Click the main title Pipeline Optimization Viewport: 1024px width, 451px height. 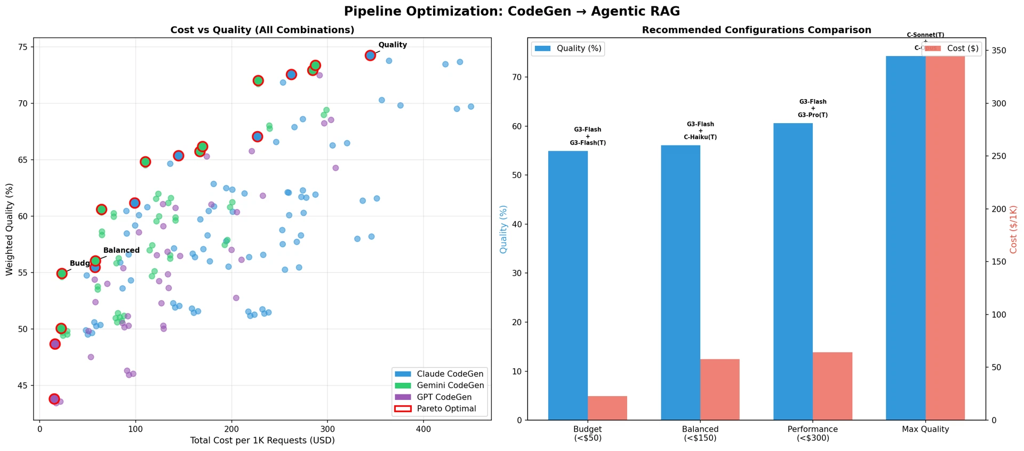(511, 11)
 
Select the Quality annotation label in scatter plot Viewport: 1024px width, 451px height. (393, 45)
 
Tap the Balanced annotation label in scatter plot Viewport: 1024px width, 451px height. (121, 250)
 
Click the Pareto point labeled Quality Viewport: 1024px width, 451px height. (370, 55)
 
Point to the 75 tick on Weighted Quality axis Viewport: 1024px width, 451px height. (22, 47)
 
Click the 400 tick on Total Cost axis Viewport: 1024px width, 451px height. (423, 429)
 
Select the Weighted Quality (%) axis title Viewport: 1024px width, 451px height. (9, 229)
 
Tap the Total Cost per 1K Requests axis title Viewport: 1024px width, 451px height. (262, 441)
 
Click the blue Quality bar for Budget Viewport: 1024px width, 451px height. (568, 285)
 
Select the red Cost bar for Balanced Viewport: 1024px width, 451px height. (720, 389)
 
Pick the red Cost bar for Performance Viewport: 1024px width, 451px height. (833, 386)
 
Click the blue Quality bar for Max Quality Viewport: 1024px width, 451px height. (906, 238)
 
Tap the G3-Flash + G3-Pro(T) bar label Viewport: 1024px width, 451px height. (813, 108)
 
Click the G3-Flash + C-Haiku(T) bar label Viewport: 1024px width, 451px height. (700, 131)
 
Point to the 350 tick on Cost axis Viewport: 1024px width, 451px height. (999, 51)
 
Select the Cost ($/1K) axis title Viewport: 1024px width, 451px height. (1013, 229)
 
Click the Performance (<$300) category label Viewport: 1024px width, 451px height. (812, 433)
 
